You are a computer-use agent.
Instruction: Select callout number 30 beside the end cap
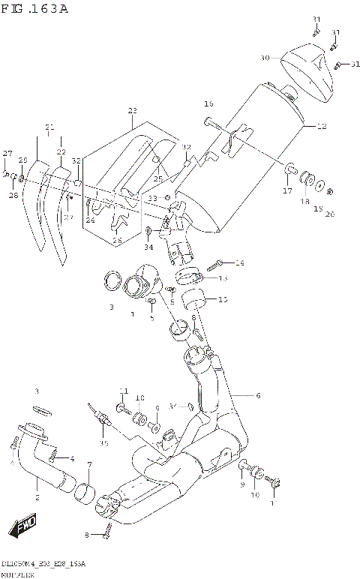(x=264, y=58)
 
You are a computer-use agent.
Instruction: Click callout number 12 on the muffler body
(x=321, y=127)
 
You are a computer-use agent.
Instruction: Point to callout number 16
(x=208, y=103)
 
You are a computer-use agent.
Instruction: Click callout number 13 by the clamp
(x=223, y=278)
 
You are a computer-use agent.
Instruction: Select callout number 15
(x=223, y=300)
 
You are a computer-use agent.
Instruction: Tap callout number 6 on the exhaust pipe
(x=257, y=396)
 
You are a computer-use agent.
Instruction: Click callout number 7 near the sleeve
(x=89, y=466)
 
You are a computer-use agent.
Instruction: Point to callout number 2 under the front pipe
(x=36, y=497)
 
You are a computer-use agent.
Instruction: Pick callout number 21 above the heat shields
(x=49, y=127)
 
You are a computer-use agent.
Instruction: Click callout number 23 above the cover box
(x=133, y=111)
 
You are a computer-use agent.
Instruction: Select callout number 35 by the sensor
(x=103, y=443)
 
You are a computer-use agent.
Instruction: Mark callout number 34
(x=148, y=247)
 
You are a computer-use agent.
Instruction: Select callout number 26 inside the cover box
(x=116, y=240)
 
